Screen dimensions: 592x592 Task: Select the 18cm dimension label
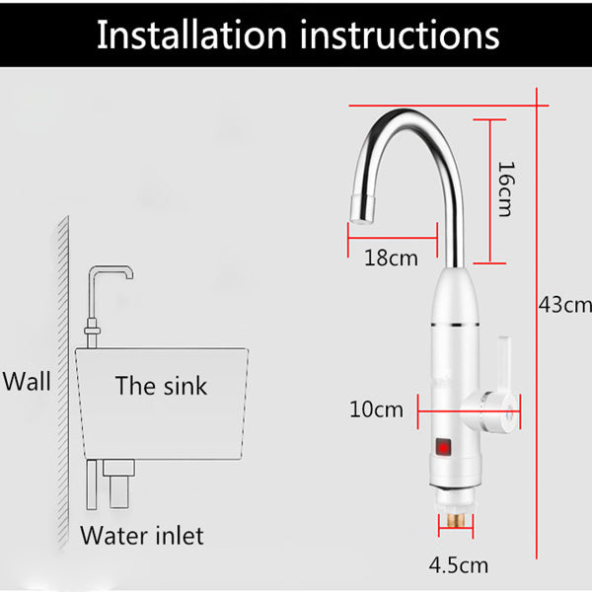point(391,259)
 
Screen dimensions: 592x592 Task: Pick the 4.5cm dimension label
point(458,565)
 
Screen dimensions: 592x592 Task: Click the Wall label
point(26,381)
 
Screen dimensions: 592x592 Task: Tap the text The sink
point(161,385)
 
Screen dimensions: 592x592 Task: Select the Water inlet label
point(142,536)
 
